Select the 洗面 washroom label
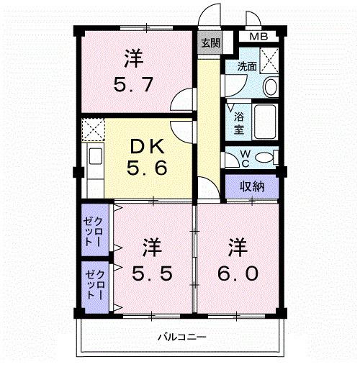click(247, 66)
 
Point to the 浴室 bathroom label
click(238, 123)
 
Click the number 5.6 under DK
click(149, 171)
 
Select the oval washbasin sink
click(270, 87)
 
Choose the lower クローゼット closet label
click(91, 283)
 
